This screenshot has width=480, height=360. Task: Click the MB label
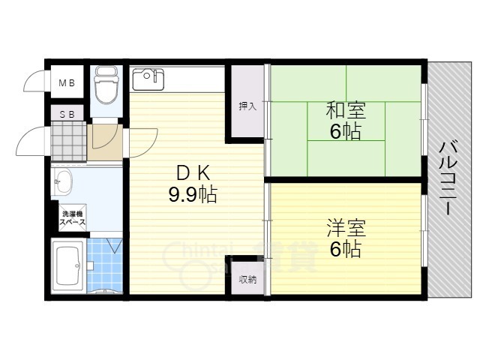point(67,83)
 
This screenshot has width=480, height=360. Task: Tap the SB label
point(67,114)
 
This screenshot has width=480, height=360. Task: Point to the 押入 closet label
point(247,106)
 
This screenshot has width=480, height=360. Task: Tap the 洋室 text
point(346,226)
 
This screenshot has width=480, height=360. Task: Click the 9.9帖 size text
point(192,196)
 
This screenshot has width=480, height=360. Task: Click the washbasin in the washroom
point(63,181)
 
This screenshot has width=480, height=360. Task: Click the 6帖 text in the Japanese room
point(345,132)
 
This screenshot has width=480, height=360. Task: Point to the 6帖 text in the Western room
point(346,247)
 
